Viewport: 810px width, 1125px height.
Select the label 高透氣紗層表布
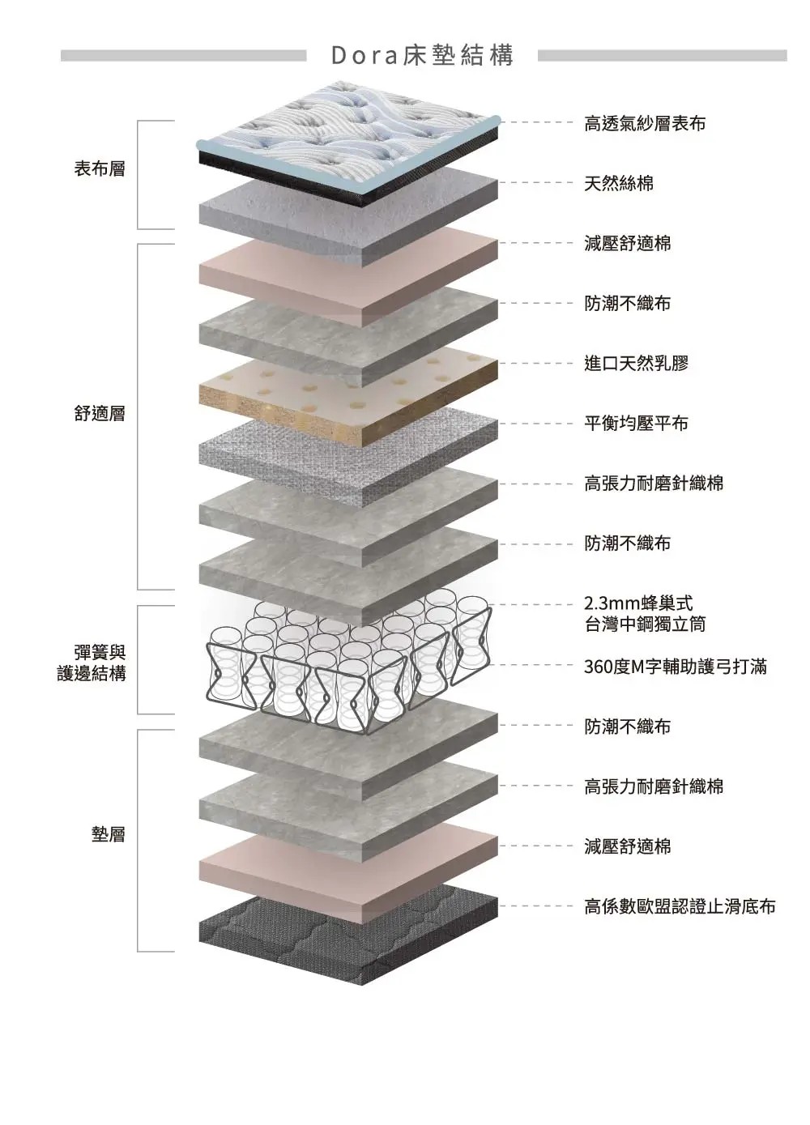click(x=645, y=123)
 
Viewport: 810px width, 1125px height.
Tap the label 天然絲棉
click(x=619, y=183)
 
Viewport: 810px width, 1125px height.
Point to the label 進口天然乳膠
click(x=637, y=363)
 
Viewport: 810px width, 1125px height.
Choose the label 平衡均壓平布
click(x=637, y=423)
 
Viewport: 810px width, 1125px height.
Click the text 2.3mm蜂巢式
click(x=638, y=603)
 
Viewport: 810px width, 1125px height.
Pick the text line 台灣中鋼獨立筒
click(x=645, y=624)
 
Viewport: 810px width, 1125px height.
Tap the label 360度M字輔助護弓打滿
click(x=676, y=667)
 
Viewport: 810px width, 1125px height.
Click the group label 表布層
click(x=100, y=169)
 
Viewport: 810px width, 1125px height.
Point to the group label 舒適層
click(x=100, y=414)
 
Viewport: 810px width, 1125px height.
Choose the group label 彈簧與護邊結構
click(x=92, y=663)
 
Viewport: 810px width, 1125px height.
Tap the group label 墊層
click(x=109, y=833)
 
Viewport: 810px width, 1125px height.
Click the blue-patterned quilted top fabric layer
click(x=348, y=134)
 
